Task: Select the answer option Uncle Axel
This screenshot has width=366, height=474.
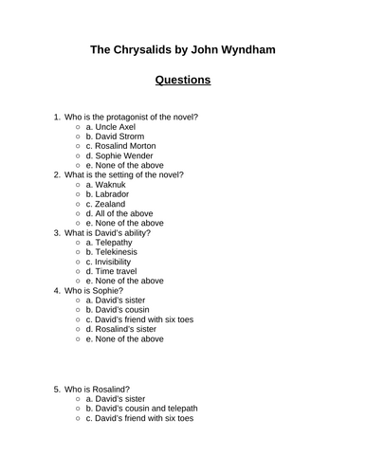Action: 117,131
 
